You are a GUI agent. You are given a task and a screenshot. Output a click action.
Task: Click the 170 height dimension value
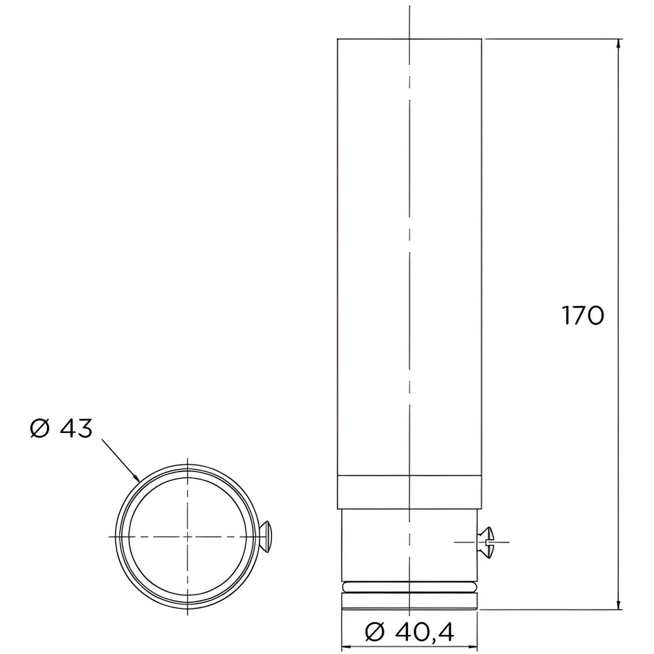(x=583, y=315)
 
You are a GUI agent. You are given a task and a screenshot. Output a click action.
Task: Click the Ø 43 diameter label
(x=61, y=428)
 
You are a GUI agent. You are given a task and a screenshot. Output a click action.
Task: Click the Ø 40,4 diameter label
(x=409, y=632)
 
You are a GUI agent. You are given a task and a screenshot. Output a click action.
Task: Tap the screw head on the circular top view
(x=267, y=536)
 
